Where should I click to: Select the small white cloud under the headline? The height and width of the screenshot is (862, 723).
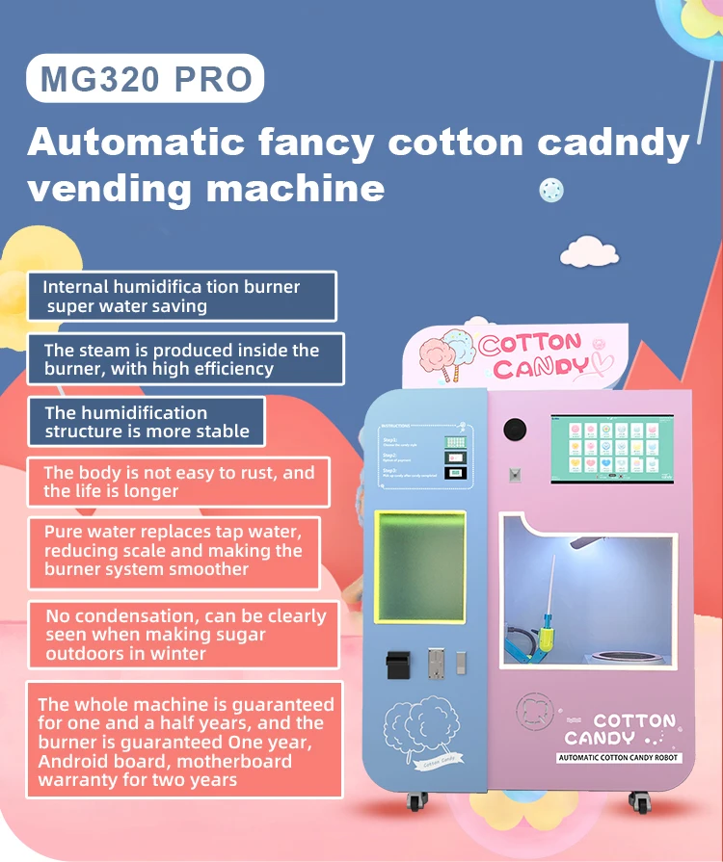point(588,252)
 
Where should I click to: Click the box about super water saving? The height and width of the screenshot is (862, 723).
point(181,297)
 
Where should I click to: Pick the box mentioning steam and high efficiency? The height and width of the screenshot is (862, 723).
point(181,359)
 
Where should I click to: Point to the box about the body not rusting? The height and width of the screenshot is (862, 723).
point(178,482)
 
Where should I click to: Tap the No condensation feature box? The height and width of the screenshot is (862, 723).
point(183,635)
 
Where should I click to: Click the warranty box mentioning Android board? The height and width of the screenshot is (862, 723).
point(184,742)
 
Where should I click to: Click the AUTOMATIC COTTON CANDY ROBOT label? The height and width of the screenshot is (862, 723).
point(619,758)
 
